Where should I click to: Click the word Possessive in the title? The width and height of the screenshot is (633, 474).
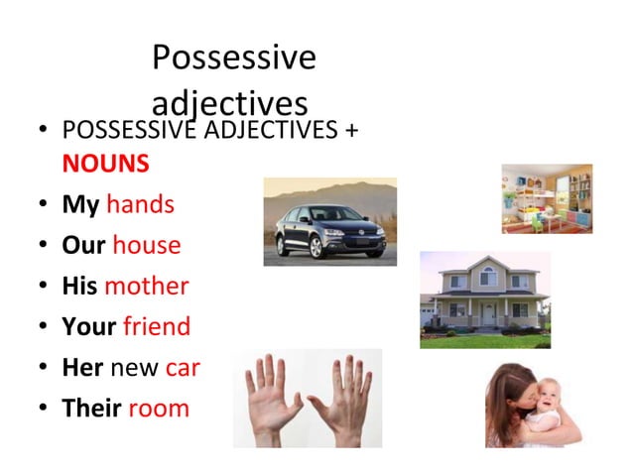(233, 59)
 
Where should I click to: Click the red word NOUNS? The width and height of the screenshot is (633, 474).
(105, 163)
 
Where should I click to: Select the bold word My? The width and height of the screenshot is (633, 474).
(80, 204)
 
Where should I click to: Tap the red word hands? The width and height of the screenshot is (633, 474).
(140, 204)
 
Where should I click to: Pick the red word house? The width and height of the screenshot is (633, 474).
(147, 245)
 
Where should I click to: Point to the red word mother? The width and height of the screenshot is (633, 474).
(146, 286)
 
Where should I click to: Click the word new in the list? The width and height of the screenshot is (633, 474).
(135, 368)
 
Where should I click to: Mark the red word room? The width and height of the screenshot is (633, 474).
(159, 409)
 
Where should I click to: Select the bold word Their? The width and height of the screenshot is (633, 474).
(91, 409)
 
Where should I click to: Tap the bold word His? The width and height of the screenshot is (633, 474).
(79, 286)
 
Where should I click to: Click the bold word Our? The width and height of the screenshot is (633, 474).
(83, 245)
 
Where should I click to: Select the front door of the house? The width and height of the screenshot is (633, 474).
(488, 313)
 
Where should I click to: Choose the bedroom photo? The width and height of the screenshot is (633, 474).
(547, 198)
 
